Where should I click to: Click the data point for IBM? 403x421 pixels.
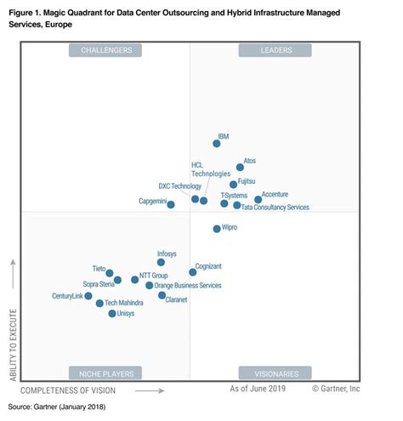[x=217, y=144]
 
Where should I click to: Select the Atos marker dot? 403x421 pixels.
[x=240, y=168]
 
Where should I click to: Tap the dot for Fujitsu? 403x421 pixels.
[x=233, y=185]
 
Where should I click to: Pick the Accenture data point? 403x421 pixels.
[x=258, y=200]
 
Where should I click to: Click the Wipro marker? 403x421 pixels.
[x=217, y=229]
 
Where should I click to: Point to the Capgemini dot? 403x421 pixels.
[x=171, y=205]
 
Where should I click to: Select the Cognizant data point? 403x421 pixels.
[x=192, y=272]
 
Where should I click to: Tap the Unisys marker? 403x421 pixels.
[x=112, y=314]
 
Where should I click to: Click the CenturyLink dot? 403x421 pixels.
[x=88, y=296]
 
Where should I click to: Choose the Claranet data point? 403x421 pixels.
[x=162, y=295]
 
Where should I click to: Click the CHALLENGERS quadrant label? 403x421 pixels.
[x=106, y=51]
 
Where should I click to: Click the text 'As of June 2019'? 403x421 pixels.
[x=258, y=390]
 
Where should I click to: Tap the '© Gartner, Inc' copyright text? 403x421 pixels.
[x=337, y=390]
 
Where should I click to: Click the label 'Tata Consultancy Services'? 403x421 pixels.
[x=275, y=207]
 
